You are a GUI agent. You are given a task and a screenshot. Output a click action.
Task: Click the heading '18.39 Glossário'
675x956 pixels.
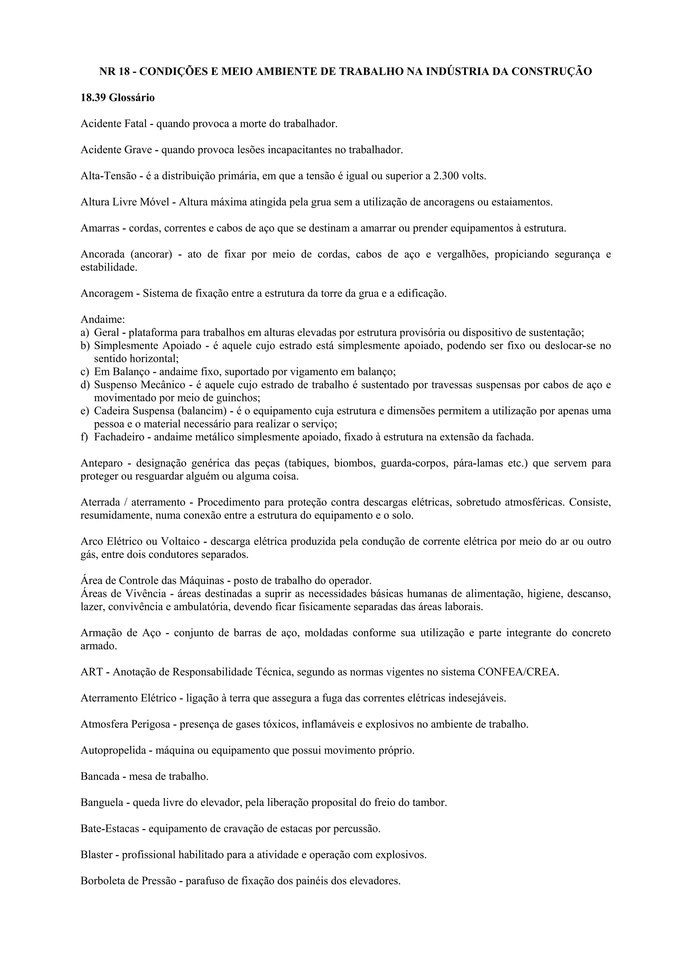click(117, 98)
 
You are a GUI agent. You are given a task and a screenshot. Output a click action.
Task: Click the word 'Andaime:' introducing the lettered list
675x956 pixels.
click(102, 319)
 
